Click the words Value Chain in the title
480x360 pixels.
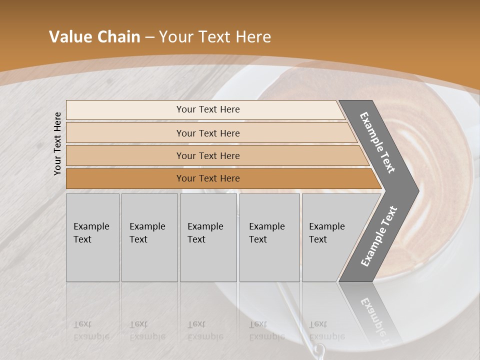[x=94, y=37]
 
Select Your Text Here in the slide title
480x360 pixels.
[x=215, y=37]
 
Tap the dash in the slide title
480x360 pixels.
[x=149, y=37]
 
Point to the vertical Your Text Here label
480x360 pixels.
[x=57, y=143]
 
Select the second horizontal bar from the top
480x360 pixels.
[x=207, y=133]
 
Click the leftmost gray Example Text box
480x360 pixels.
[x=92, y=237]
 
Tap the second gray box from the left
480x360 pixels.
[x=149, y=237]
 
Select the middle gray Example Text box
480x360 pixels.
[x=208, y=237]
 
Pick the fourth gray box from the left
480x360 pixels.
[x=269, y=237]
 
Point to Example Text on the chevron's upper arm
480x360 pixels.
[x=377, y=142]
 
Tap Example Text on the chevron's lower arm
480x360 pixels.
[x=378, y=236]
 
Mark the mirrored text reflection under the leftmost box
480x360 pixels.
[x=91, y=330]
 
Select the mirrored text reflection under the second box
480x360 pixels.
[x=147, y=330]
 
